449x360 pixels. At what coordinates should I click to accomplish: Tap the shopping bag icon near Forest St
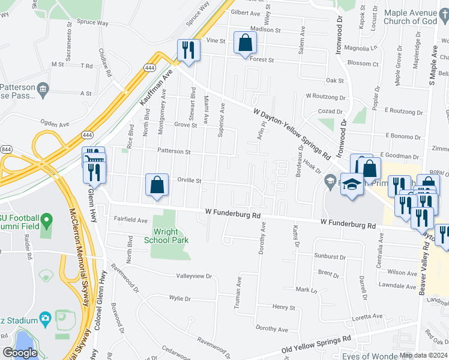[245, 43]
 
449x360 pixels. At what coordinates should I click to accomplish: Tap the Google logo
[20, 353]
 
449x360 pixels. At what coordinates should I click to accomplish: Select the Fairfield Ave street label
[131, 221]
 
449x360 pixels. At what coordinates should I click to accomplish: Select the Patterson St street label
[173, 152]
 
